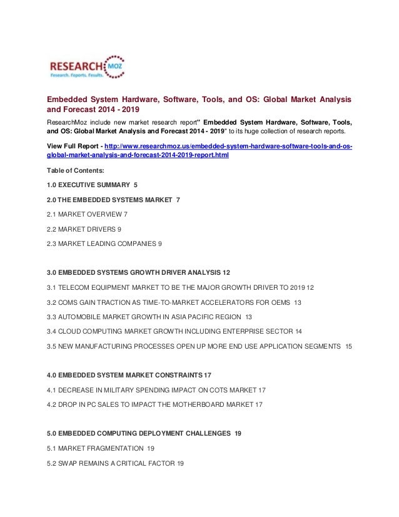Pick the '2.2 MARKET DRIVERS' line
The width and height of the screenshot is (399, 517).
[x=84, y=229]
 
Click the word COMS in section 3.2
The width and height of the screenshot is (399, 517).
[x=73, y=302]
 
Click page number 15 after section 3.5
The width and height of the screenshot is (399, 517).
[x=348, y=346]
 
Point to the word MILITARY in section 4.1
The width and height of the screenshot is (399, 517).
[x=124, y=389]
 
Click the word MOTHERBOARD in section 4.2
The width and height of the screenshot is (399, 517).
[x=200, y=404]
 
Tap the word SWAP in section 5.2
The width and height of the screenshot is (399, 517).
[x=70, y=463]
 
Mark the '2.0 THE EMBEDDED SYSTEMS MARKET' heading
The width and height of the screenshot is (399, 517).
[x=109, y=200]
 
